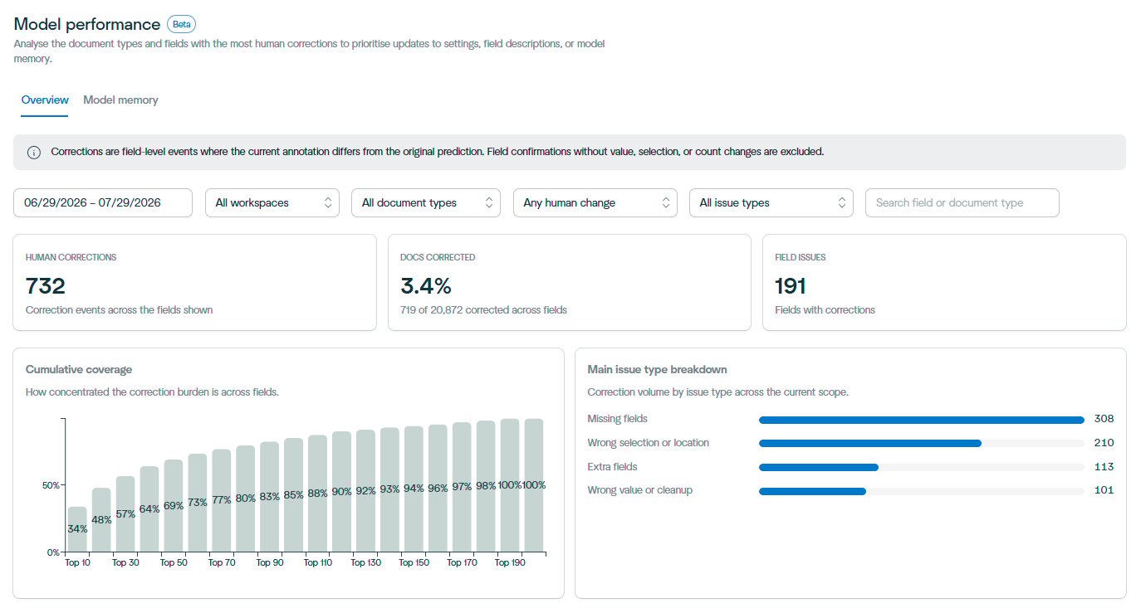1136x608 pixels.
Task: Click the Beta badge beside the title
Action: [181, 24]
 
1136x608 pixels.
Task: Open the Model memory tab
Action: [120, 100]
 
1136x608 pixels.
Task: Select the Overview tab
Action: [45, 100]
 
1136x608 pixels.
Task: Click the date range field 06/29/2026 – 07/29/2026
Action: [103, 202]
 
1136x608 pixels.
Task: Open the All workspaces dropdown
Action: [272, 202]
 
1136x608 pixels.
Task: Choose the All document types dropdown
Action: [426, 202]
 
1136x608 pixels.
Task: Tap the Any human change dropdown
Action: [595, 202]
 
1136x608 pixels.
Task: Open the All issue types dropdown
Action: [771, 202]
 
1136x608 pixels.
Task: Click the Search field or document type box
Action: [962, 202]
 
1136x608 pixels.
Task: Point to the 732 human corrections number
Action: [46, 286]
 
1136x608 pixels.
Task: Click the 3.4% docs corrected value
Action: [425, 286]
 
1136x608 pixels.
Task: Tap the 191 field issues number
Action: [790, 286]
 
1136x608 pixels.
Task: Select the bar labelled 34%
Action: [77, 529]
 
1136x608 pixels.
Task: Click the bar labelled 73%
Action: [198, 503]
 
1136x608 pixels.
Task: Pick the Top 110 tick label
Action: [318, 562]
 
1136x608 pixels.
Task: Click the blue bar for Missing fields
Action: [922, 420]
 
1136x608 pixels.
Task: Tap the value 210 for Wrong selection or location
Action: [1104, 442]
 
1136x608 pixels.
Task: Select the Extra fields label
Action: [612, 467]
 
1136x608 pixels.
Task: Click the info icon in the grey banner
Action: [34, 152]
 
